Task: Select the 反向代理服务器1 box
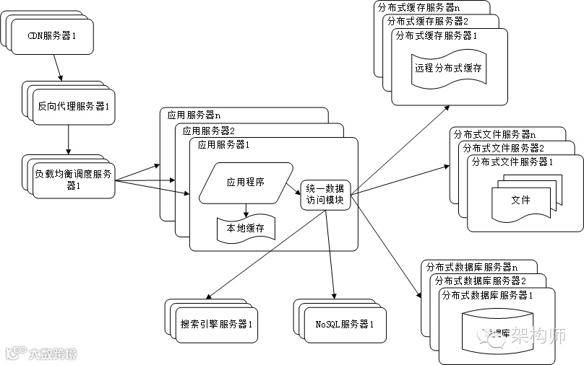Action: tap(74, 106)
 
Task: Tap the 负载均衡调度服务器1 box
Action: tap(74, 178)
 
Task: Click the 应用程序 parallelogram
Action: tap(245, 182)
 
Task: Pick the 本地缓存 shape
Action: tap(245, 229)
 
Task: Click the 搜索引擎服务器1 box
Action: tap(216, 324)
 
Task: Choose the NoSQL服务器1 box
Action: tap(340, 324)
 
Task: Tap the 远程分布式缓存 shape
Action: tap(448, 69)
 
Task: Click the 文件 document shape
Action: tap(520, 200)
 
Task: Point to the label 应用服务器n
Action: tap(194, 115)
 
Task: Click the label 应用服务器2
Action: tap(209, 131)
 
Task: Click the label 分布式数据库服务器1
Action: tap(487, 295)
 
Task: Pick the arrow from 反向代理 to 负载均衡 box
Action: tap(69, 138)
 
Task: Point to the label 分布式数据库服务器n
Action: tap(468, 267)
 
